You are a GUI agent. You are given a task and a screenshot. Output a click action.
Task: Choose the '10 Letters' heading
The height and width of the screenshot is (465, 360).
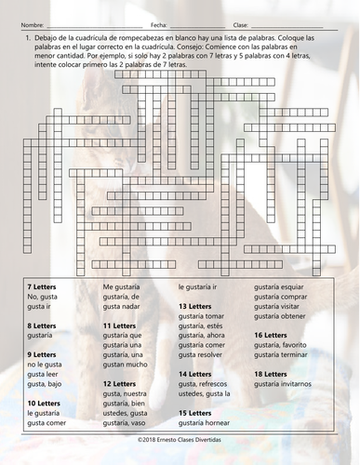coord(44,401)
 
